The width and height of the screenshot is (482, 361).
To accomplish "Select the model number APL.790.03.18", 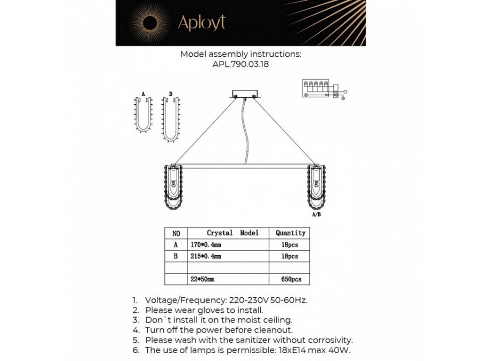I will click(x=241, y=64).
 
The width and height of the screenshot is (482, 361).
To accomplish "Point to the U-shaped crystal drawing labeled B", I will click(x=171, y=119).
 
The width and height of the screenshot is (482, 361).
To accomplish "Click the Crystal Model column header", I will click(x=232, y=233).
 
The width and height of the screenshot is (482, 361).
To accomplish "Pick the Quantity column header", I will click(x=290, y=233).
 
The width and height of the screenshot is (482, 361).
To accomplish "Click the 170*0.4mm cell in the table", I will click(x=205, y=244).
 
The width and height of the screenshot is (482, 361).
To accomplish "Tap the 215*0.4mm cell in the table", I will click(x=205, y=256).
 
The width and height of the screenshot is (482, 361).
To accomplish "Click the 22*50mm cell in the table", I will click(x=202, y=280).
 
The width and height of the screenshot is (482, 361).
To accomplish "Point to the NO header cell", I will click(x=177, y=233).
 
